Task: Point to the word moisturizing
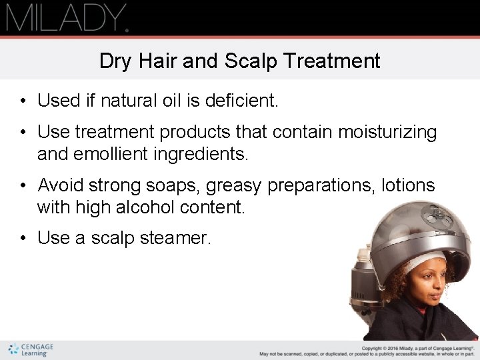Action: click(387, 133)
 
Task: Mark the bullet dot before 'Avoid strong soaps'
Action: click(23, 185)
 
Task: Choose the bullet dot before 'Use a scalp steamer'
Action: click(23, 239)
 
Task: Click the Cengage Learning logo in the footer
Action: click(31, 350)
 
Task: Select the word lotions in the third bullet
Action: click(408, 185)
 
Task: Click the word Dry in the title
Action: click(115, 61)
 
